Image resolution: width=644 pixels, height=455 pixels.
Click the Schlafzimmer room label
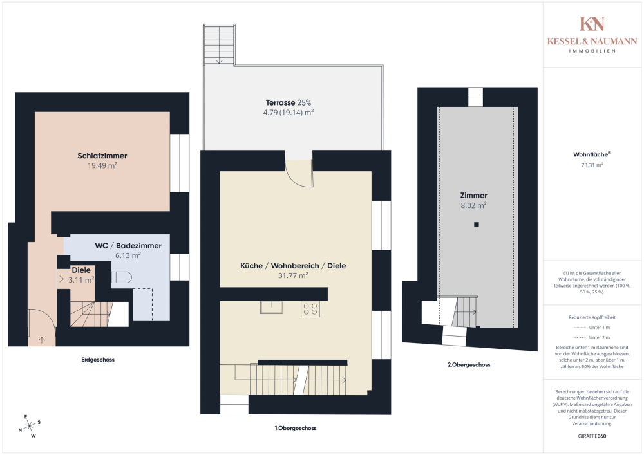click(102, 156)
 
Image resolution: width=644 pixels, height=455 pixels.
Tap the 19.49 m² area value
click(102, 165)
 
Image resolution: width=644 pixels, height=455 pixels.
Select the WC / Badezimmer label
click(128, 246)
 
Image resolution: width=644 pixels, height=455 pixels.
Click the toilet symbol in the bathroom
click(120, 278)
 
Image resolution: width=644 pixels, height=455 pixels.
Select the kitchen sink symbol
click(272, 308)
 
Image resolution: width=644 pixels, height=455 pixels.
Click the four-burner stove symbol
click(310, 309)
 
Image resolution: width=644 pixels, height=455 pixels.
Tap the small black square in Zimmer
click(476, 225)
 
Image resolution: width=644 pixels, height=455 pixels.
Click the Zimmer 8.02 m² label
click(473, 200)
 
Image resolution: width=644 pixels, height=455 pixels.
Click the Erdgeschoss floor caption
click(99, 360)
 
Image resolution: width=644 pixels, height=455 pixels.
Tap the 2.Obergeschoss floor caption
click(469, 364)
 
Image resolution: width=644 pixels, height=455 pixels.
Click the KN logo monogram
click(592, 24)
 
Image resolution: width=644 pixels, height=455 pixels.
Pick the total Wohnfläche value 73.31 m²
click(592, 165)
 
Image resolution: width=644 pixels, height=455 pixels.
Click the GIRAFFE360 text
click(592, 436)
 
